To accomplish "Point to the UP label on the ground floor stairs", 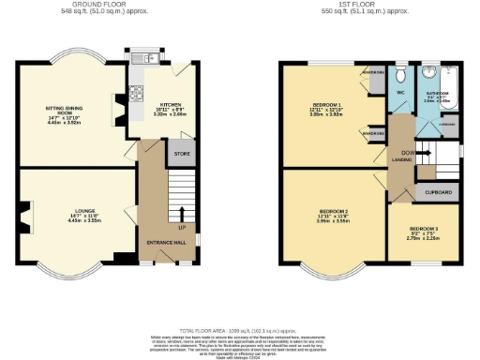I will tap(180, 228).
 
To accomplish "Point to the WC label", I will tap(399, 94).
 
